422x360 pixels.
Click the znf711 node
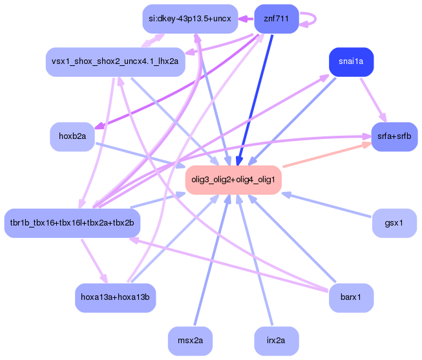point(277,19)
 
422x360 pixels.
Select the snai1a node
point(351,62)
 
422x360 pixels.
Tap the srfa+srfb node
point(394,137)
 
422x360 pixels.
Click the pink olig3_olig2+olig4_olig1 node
point(233,179)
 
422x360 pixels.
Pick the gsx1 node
point(394,223)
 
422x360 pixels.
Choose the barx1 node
point(351,298)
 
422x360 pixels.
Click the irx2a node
point(276,341)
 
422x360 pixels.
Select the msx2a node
point(190,341)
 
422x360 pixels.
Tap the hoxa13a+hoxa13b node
point(115,298)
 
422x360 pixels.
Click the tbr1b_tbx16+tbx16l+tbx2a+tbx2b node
point(72,223)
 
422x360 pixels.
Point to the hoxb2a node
point(72,137)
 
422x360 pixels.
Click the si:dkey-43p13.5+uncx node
point(190,19)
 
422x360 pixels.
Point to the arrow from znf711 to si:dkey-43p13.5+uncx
point(246,19)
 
